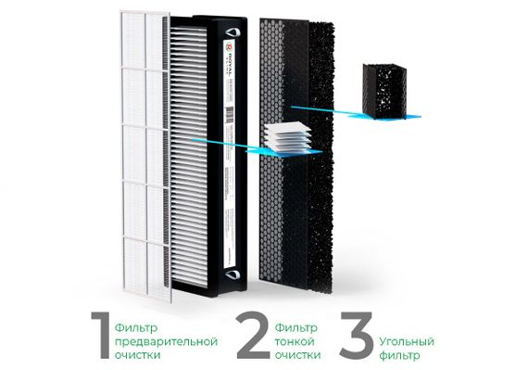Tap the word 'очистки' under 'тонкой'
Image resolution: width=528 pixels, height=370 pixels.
click(298, 354)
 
